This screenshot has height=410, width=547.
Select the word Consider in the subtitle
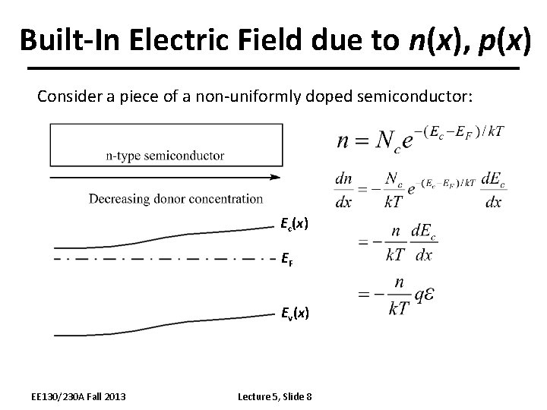(x=70, y=97)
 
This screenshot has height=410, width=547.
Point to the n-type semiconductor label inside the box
(x=165, y=156)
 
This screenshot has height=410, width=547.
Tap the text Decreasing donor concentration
(x=175, y=199)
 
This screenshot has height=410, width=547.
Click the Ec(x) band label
(x=295, y=224)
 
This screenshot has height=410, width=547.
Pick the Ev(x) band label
(x=295, y=312)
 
